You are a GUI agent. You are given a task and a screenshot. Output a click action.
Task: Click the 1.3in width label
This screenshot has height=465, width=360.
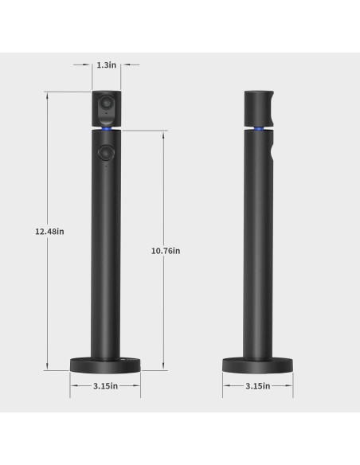[104, 65]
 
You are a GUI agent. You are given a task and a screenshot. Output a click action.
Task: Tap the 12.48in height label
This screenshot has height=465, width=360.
[49, 231]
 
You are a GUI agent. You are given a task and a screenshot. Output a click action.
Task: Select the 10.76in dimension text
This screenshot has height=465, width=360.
[166, 250]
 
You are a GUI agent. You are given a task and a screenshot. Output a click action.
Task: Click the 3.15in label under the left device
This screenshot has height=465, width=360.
[104, 385]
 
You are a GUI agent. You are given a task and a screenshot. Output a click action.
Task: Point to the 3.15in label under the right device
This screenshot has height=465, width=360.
[256, 385]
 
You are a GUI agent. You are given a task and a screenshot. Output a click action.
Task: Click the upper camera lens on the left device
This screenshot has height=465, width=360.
[104, 106]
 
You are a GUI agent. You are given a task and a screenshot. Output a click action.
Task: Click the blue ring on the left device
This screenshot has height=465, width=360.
[104, 127]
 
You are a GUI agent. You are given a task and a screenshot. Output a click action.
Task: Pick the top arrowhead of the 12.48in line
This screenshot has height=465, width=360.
[49, 94]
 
